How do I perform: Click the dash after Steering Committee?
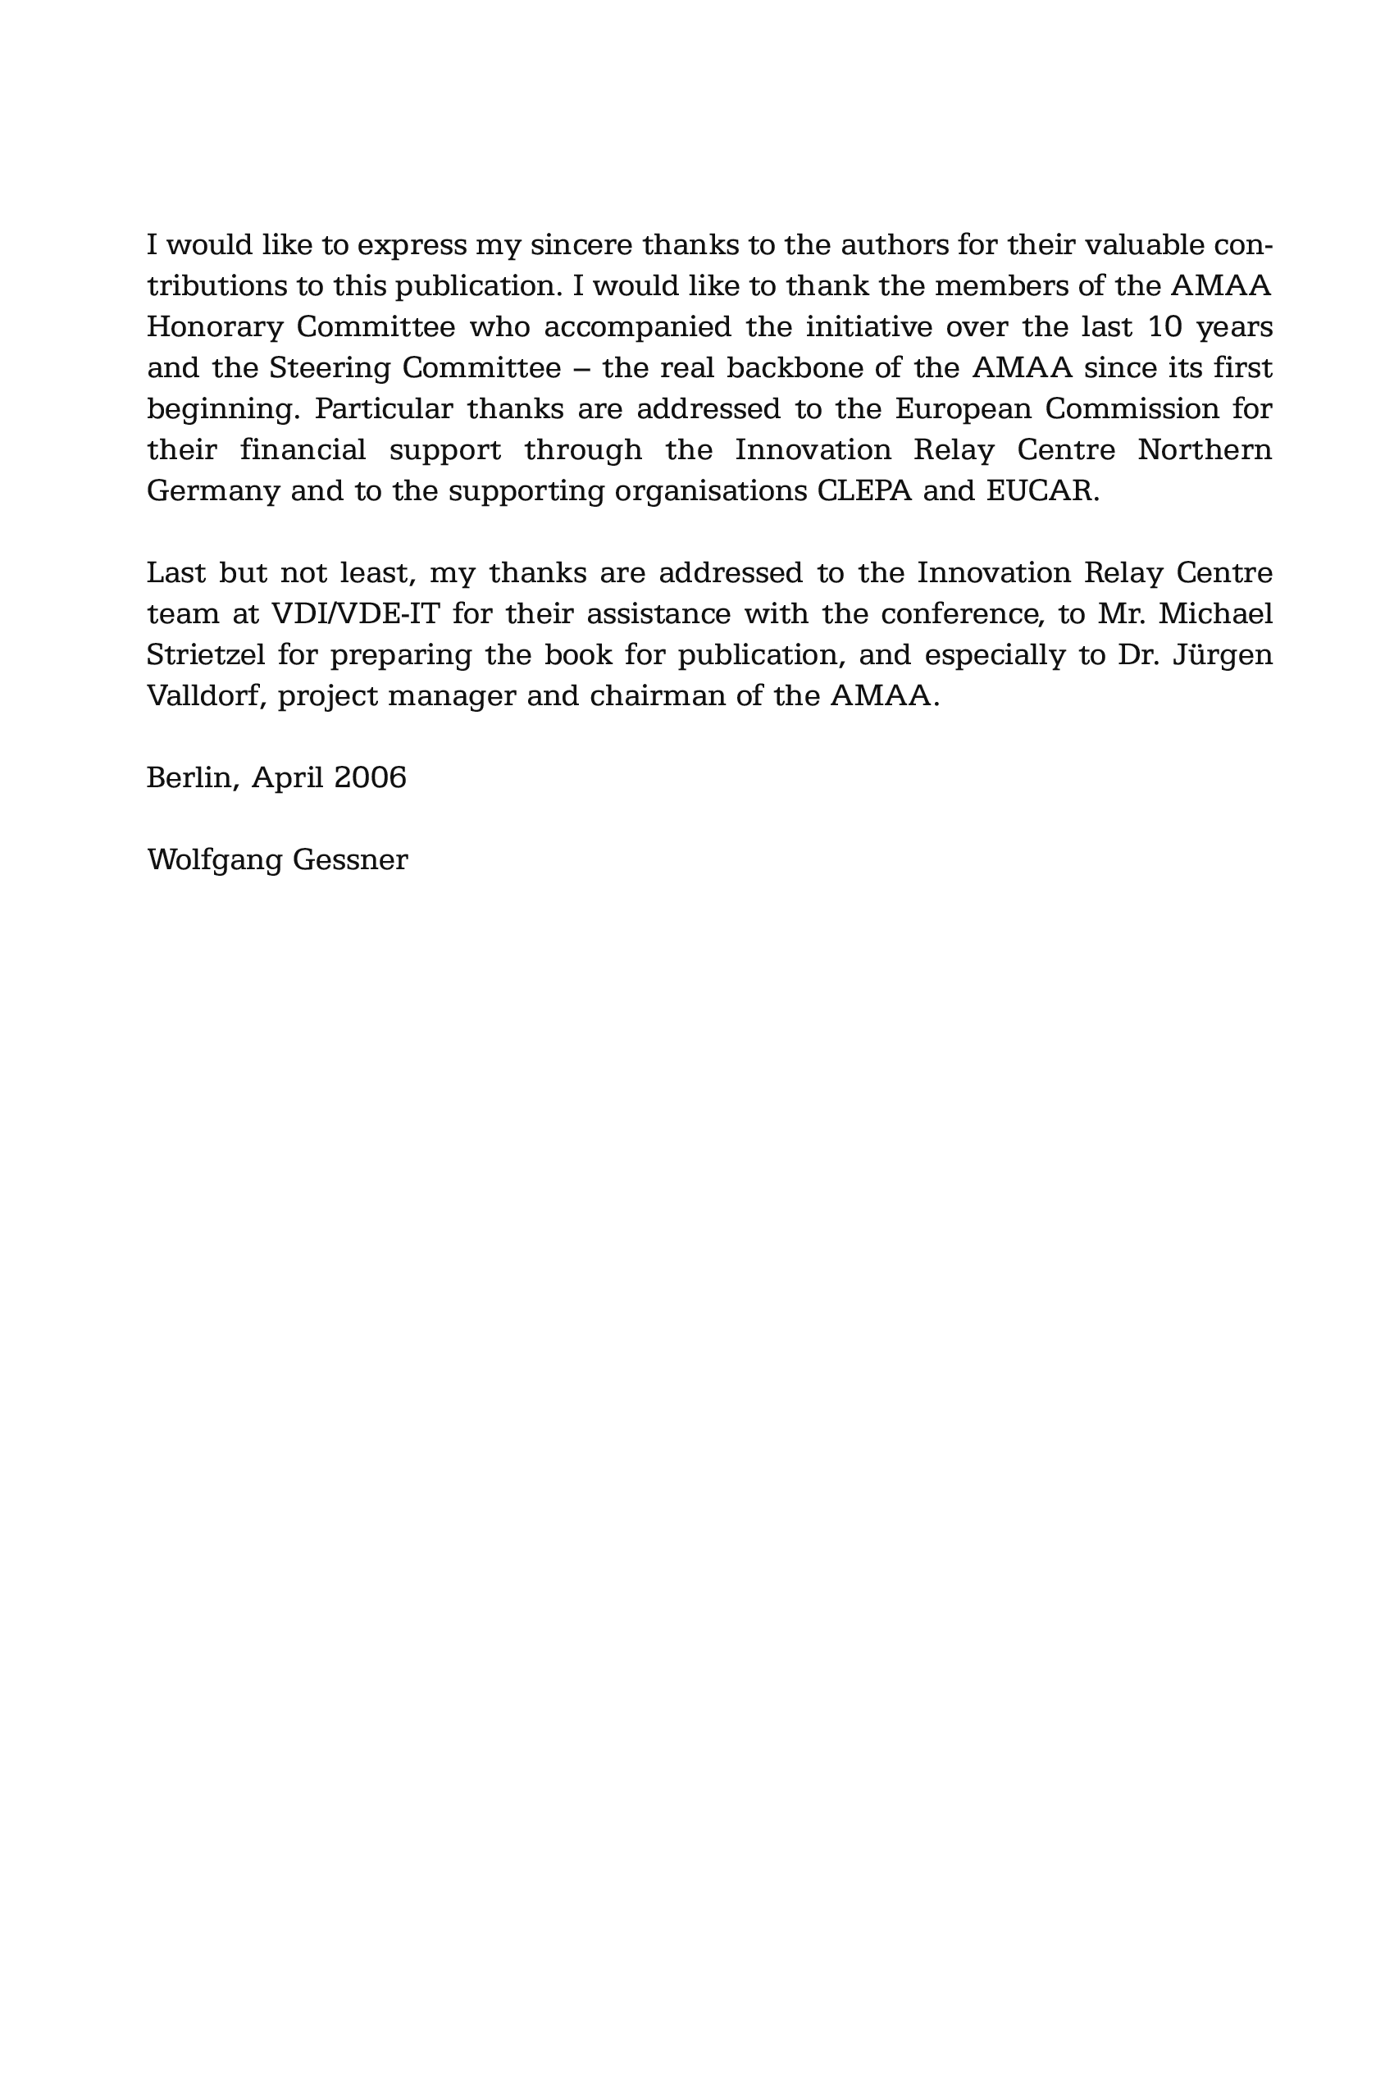582,368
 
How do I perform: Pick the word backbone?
794,367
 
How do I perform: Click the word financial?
303,449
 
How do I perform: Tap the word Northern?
1204,449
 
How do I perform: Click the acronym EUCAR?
1042,490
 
